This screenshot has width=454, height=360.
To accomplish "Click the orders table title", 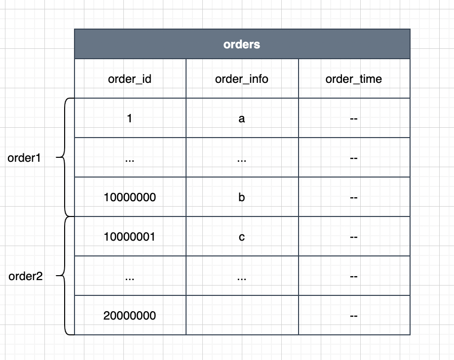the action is click(x=242, y=44).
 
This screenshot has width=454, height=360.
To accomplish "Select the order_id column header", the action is click(x=130, y=79).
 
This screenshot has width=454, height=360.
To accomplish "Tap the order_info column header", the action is click(x=242, y=79).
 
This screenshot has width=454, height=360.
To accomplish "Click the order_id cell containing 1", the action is click(x=129, y=118).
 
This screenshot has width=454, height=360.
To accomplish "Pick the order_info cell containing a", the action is click(x=242, y=118).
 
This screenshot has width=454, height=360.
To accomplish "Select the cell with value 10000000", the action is click(x=130, y=197).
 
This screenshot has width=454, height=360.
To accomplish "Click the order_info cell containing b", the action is click(x=242, y=197).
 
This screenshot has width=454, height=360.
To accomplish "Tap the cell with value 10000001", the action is click(x=129, y=237).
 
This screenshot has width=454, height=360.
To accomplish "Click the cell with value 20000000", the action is click(x=130, y=316).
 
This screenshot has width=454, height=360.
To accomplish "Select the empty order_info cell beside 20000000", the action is click(x=242, y=315).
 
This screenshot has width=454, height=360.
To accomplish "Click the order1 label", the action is click(x=24, y=158).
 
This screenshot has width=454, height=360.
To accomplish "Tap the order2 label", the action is click(x=26, y=276).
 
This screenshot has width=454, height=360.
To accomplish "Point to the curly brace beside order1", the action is click(x=64, y=157).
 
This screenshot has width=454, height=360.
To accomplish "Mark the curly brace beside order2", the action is click(x=64, y=276).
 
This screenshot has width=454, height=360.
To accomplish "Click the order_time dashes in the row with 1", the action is click(x=353, y=119).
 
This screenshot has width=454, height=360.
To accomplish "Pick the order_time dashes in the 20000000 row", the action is click(x=353, y=316).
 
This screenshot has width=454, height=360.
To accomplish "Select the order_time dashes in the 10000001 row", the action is click(x=353, y=237).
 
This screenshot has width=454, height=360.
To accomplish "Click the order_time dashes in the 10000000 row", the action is click(x=353, y=198).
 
